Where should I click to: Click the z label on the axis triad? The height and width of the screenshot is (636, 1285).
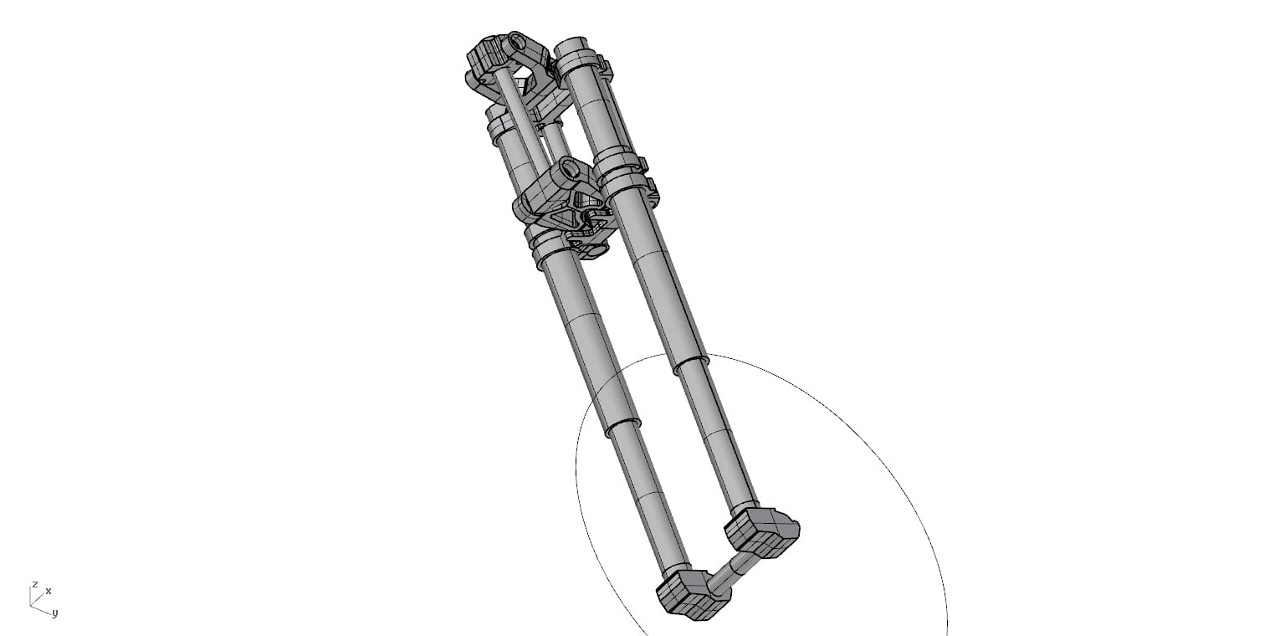35,584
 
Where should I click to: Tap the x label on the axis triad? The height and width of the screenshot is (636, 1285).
49,591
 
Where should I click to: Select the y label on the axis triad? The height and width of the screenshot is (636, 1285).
55,613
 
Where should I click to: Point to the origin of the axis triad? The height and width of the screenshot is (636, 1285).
30,604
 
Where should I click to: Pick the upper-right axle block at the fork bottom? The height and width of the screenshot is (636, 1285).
762,532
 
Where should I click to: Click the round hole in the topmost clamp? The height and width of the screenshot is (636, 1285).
518,43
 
